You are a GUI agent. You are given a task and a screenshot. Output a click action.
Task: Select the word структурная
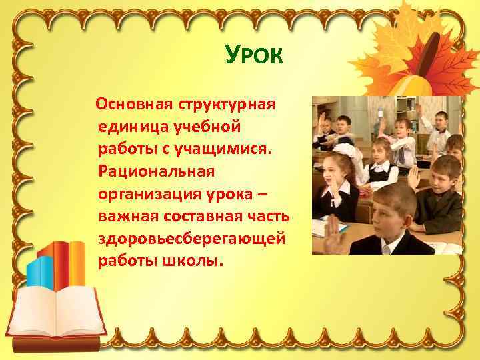(x=227, y=105)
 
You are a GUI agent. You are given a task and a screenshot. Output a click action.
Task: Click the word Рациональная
(x=156, y=171)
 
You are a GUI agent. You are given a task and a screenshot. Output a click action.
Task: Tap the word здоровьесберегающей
(x=192, y=238)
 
